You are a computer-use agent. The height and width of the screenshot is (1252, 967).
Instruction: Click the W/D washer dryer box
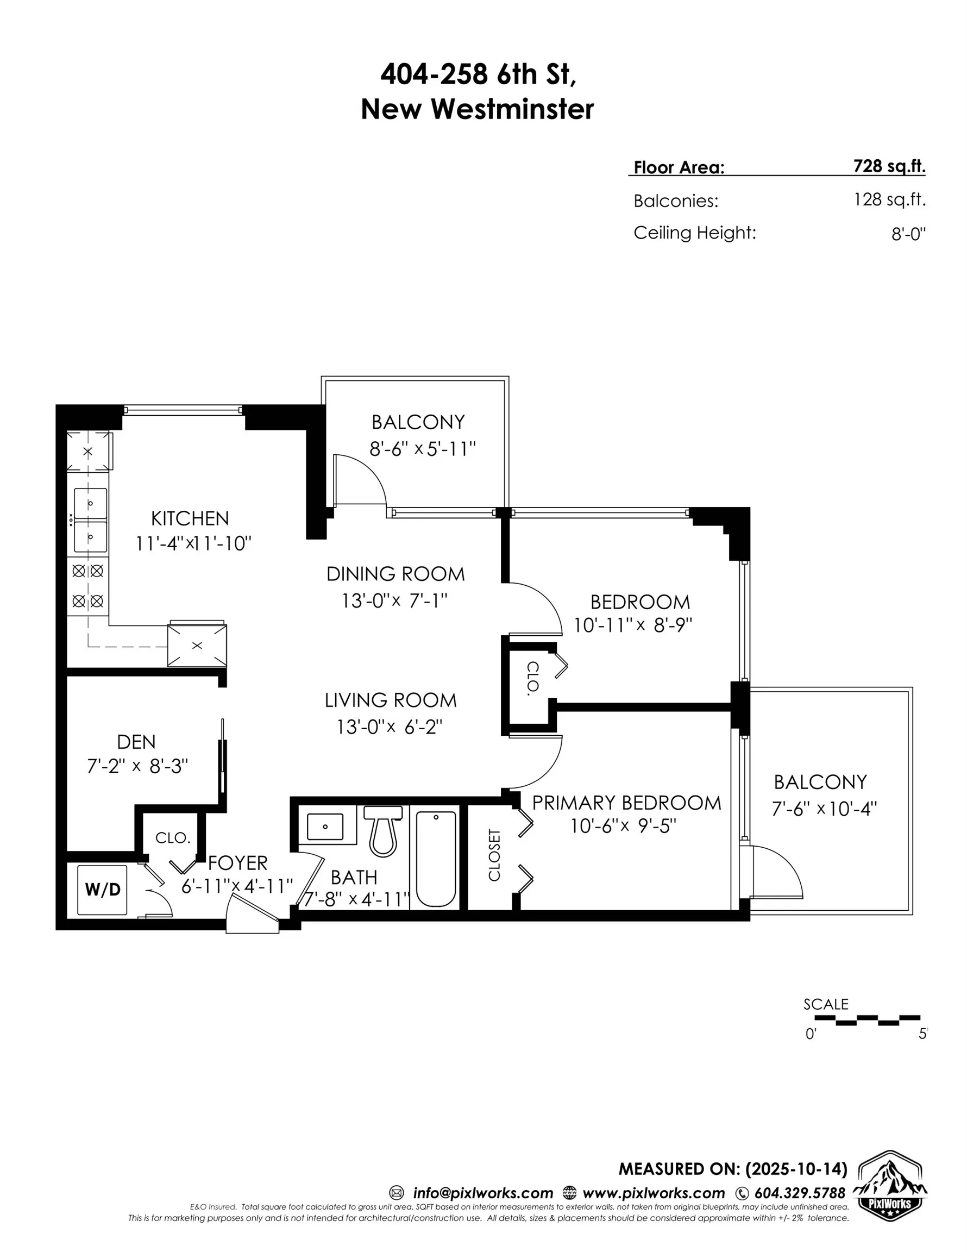point(102,889)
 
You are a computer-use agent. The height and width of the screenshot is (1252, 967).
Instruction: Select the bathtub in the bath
point(436,858)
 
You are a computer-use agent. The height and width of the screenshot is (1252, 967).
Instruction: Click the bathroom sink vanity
point(325,827)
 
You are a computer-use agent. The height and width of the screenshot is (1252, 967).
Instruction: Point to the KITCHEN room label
point(190,518)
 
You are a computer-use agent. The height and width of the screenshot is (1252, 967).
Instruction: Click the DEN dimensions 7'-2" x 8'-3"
point(137,766)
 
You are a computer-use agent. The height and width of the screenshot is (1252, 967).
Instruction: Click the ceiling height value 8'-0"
point(908,234)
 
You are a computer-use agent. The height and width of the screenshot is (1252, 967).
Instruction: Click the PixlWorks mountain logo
point(889,1187)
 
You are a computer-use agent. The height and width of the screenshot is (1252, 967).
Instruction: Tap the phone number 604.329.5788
point(799,1193)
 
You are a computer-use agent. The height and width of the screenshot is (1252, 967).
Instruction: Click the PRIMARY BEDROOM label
point(626,803)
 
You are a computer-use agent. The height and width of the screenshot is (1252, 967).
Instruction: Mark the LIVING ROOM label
point(391,700)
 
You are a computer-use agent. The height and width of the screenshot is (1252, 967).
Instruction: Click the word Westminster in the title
point(512,109)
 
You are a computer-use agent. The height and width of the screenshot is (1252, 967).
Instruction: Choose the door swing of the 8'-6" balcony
point(360,479)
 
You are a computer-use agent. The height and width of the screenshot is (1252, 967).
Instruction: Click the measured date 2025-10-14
point(796,1169)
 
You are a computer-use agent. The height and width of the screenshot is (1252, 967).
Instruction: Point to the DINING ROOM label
point(395,574)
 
